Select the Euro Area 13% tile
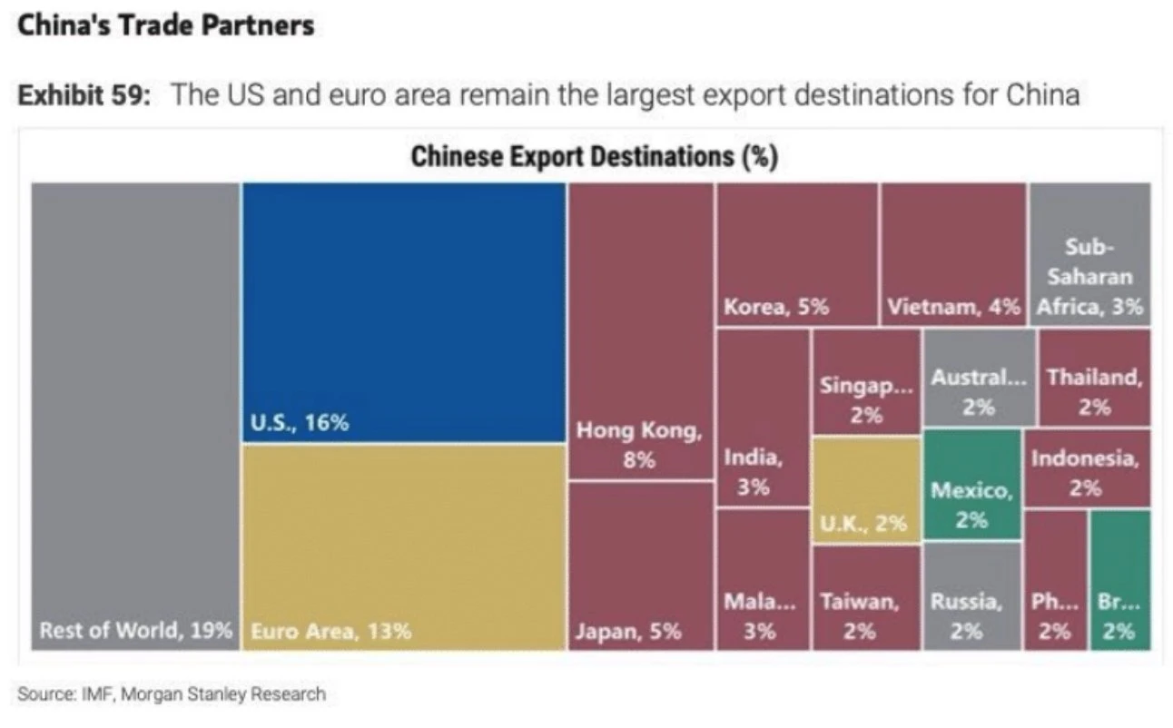404,545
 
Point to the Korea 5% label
776,307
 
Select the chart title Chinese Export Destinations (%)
594,156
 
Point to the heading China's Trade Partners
166,25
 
